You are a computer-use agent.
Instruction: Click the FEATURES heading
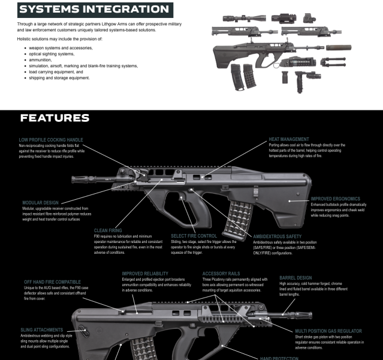(55, 118)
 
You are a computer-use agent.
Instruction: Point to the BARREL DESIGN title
(297, 278)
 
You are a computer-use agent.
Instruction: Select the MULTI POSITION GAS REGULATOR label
(328, 331)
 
